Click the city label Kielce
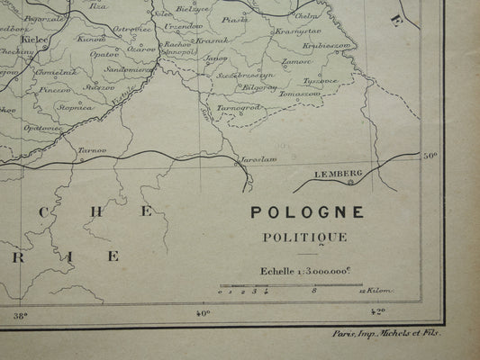click(34, 40)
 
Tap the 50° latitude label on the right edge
click(430, 155)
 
